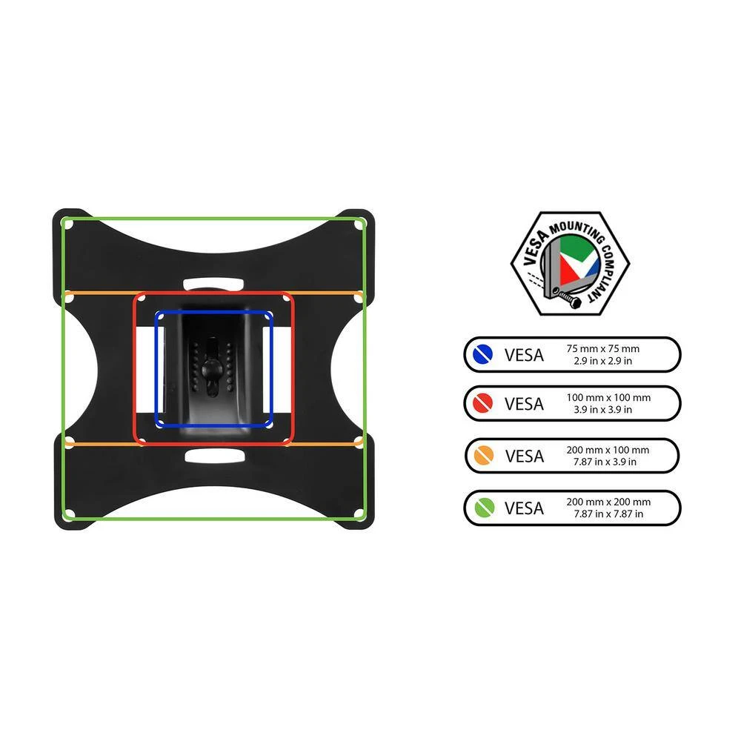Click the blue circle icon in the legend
(482, 354)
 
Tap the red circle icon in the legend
(482, 403)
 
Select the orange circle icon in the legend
(483, 455)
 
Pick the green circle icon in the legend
(485, 508)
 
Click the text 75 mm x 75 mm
(602, 349)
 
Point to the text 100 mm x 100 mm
(608, 397)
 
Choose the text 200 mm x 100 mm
(608, 450)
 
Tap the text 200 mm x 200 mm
(608, 502)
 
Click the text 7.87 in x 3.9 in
(605, 462)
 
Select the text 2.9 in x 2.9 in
(602, 361)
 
